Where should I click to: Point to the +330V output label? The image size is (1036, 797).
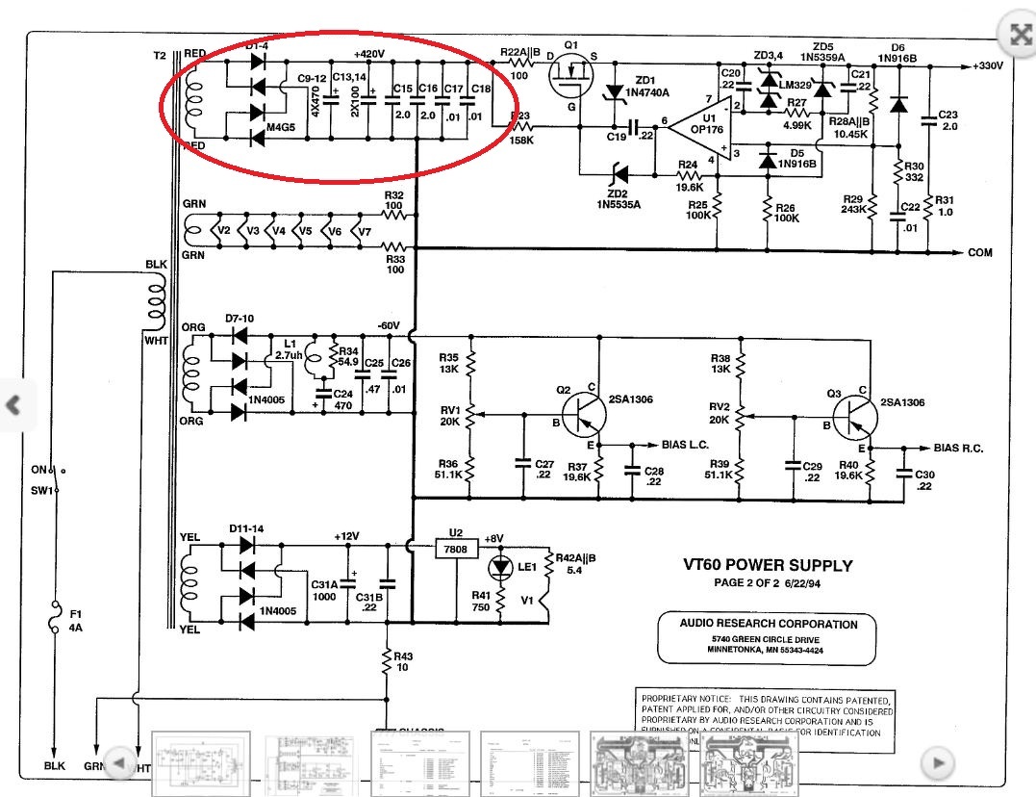(x=986, y=66)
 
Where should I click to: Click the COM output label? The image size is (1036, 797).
(x=979, y=252)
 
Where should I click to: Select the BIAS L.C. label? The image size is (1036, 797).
(x=686, y=446)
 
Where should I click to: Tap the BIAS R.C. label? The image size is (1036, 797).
(x=958, y=450)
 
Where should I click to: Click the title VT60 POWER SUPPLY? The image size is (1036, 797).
(x=767, y=566)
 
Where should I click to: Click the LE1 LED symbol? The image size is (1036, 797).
(x=500, y=568)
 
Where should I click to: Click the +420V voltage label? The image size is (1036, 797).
(x=369, y=53)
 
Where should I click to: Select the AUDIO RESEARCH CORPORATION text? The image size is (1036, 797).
(x=768, y=624)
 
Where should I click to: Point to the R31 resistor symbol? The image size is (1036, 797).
(x=930, y=204)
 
